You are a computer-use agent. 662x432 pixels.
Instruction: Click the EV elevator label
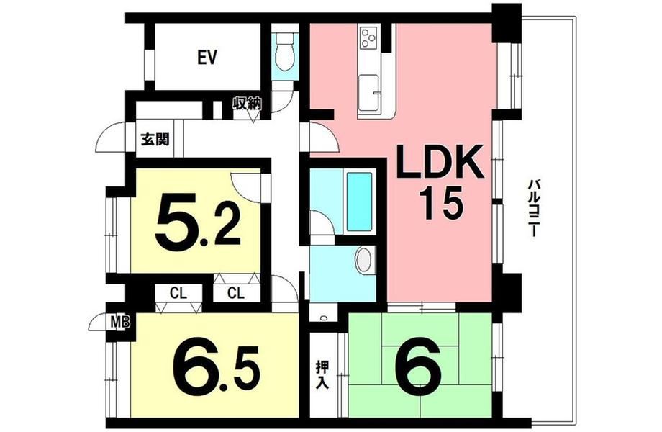[x=207, y=58]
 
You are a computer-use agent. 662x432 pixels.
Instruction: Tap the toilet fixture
[x=284, y=52]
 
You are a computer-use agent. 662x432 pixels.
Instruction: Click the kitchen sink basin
[x=368, y=93]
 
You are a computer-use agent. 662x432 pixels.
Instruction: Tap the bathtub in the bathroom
[x=359, y=202]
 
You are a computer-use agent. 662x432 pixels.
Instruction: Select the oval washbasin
[x=364, y=261]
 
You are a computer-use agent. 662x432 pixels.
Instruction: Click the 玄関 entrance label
[x=155, y=139]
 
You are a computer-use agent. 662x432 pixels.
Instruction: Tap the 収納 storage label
[x=248, y=104]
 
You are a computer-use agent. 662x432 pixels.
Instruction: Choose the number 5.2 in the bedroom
[x=198, y=222]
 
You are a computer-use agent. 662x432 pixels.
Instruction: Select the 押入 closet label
[x=323, y=375]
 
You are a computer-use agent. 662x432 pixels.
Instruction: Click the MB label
[x=120, y=323]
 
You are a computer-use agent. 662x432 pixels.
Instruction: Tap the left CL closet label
[x=178, y=293]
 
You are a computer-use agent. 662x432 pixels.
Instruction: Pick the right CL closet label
[x=236, y=292]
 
